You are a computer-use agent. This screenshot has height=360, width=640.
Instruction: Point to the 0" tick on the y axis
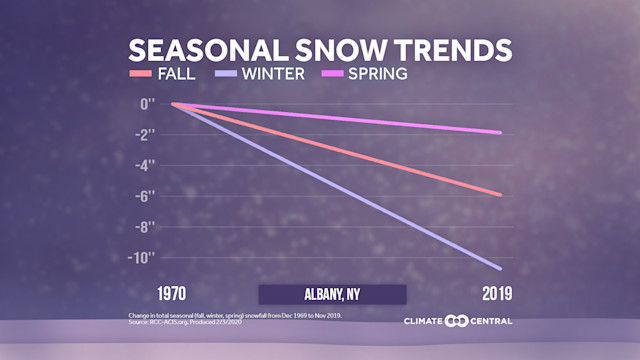[x=147, y=103]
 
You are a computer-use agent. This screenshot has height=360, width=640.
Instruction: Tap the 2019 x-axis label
[x=494, y=294]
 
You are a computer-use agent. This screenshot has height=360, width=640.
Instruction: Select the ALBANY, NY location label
[x=332, y=294]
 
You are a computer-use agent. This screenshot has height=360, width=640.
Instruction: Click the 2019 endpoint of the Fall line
[x=500, y=194]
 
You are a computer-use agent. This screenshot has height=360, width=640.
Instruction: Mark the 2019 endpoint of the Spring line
[x=500, y=132]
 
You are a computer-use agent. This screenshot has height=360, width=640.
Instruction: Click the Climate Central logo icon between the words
[x=456, y=321]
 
